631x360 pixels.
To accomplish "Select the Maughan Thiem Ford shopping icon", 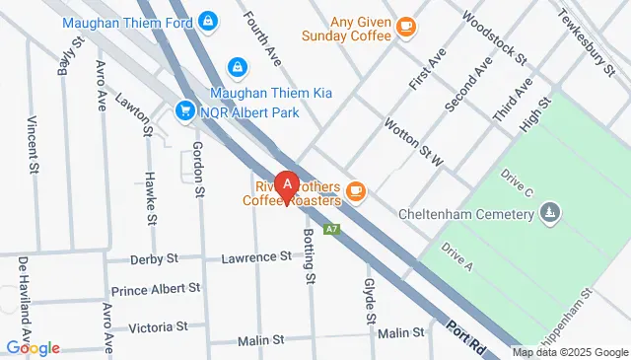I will point(208,20).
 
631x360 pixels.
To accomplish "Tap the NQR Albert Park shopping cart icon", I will point(184,110).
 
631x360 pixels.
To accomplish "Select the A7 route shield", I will point(334,230).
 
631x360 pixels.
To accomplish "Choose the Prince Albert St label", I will point(156,290).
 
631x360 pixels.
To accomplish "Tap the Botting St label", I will point(309,255).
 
